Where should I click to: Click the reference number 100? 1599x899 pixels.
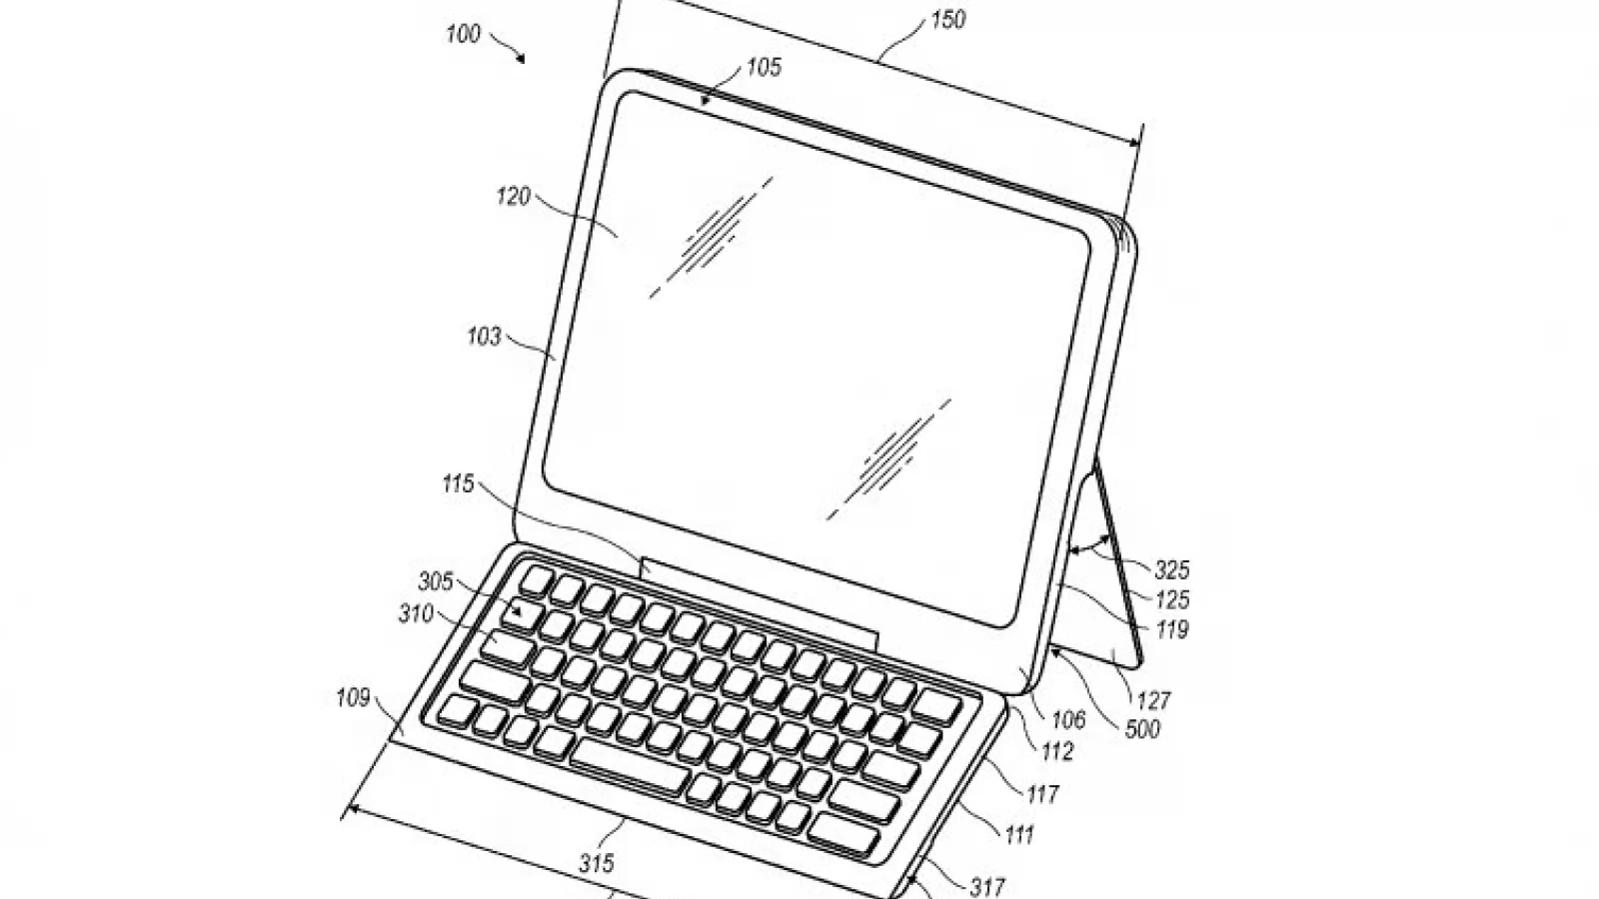[x=464, y=34]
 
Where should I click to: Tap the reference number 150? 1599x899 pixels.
[x=948, y=19]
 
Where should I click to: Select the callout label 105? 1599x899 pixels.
[x=764, y=67]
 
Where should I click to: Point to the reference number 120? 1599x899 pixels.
[x=514, y=196]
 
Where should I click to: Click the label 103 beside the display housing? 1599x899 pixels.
[x=485, y=336]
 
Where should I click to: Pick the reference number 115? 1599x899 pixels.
[x=459, y=483]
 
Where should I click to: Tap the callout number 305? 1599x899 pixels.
[x=436, y=581]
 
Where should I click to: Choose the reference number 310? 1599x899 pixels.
[x=416, y=613]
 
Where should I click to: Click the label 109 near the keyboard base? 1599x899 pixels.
[x=354, y=697]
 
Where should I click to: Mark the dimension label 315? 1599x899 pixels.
[x=597, y=864]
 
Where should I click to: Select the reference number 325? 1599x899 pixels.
[x=1172, y=569]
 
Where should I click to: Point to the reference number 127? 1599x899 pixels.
[x=1153, y=700]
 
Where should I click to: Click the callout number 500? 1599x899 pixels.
[x=1143, y=728]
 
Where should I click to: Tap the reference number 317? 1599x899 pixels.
[x=988, y=887]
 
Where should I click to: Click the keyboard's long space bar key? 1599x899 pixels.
[x=630, y=765]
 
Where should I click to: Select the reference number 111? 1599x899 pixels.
[x=1020, y=834]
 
